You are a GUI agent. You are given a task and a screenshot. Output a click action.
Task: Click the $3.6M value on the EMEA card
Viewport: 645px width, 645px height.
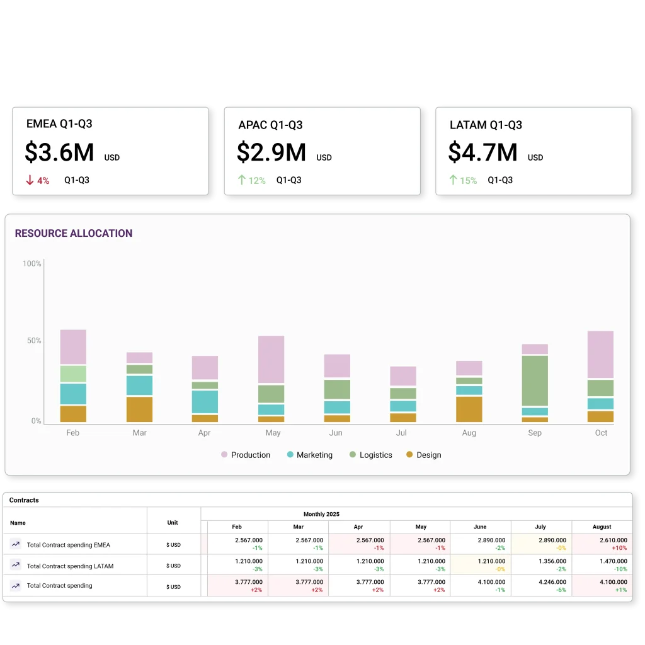(x=59, y=153)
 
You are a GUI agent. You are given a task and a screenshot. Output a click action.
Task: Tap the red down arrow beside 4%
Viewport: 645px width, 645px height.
(x=30, y=181)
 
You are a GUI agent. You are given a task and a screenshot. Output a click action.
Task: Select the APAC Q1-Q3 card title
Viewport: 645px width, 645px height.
(x=270, y=125)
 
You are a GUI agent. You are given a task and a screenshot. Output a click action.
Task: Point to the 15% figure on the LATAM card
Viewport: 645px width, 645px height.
(x=468, y=181)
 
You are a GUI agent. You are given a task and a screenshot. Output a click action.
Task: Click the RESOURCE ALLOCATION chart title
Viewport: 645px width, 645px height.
(x=74, y=233)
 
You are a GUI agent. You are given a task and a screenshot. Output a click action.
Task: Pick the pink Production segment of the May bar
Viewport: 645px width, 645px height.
(x=271, y=359)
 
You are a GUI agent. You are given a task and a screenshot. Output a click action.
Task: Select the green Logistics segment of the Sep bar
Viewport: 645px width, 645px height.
(x=535, y=380)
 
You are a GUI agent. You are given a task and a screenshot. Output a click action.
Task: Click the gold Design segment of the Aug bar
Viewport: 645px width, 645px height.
(x=469, y=409)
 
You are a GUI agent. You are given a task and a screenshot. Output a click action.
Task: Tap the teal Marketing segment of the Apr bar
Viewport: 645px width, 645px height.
(x=205, y=401)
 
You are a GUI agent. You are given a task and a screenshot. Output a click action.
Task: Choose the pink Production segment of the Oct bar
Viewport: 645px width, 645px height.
(x=600, y=355)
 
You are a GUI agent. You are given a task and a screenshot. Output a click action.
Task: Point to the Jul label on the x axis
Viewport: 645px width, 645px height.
(x=402, y=433)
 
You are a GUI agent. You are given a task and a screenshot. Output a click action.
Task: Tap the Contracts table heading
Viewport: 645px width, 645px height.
(x=24, y=500)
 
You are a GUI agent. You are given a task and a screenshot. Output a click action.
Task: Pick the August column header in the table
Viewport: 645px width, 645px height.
(x=602, y=527)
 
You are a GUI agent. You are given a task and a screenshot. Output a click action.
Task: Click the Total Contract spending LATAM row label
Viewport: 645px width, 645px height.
(x=70, y=566)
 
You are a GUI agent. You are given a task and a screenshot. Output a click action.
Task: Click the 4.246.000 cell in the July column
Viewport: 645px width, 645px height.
(x=552, y=582)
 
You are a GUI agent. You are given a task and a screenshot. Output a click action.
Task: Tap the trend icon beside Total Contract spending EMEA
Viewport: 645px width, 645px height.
(x=16, y=544)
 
